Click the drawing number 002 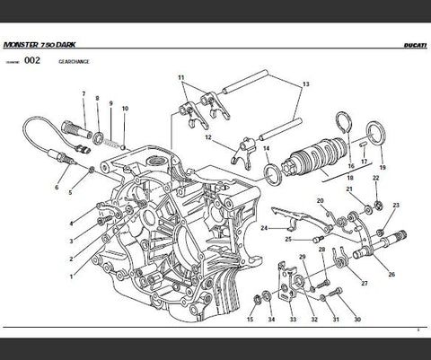tap(31, 62)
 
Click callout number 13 tap(305, 83)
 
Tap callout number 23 tap(395, 206)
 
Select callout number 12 tap(207, 138)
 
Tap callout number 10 tap(125, 110)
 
